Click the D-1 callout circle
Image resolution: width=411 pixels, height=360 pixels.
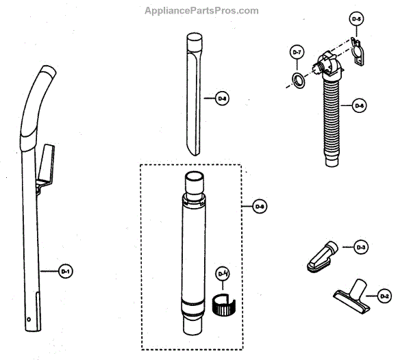pos(66,272)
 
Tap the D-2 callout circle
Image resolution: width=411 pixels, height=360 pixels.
pos(384,296)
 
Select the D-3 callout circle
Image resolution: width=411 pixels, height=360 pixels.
pos(362,247)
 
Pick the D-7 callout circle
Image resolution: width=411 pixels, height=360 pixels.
pos(297,53)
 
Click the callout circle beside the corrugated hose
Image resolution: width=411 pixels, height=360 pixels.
pos(360,105)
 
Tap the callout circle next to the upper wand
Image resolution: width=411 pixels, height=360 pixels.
pos(221,99)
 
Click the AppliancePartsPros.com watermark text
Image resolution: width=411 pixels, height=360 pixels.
pos(201,10)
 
